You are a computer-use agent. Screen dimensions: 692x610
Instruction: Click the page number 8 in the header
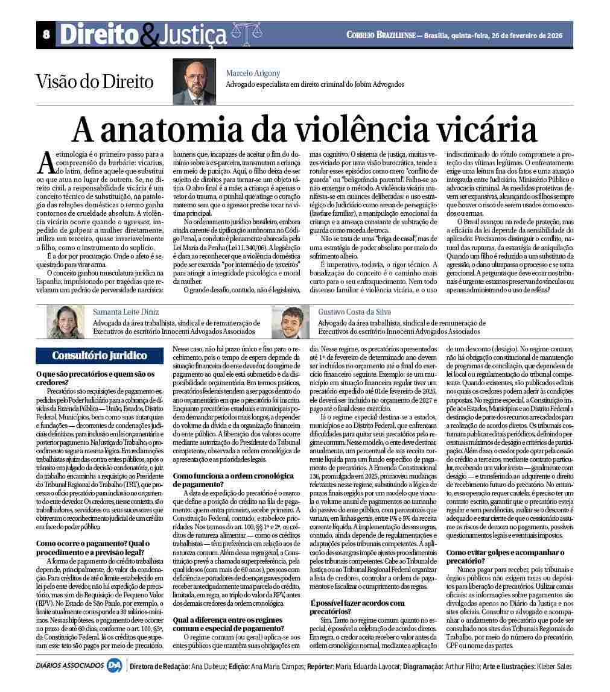click(46, 35)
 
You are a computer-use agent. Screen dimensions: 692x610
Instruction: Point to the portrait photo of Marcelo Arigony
click(194, 81)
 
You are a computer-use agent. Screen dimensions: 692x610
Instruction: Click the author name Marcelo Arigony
click(253, 73)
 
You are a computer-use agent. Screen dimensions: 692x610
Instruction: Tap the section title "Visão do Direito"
click(95, 81)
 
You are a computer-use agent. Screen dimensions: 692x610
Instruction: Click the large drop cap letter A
click(46, 162)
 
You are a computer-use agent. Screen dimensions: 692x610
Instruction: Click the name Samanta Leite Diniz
click(126, 312)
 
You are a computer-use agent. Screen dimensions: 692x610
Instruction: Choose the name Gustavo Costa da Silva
click(354, 312)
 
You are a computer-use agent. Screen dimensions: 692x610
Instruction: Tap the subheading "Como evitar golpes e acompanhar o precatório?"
click(505, 556)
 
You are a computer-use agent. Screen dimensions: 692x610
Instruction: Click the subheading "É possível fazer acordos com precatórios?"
click(357, 607)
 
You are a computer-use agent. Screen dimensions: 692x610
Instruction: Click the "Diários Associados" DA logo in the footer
click(115, 666)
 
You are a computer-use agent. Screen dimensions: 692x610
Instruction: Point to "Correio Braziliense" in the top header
click(381, 35)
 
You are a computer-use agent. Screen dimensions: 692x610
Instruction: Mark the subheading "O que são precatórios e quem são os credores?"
click(95, 378)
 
